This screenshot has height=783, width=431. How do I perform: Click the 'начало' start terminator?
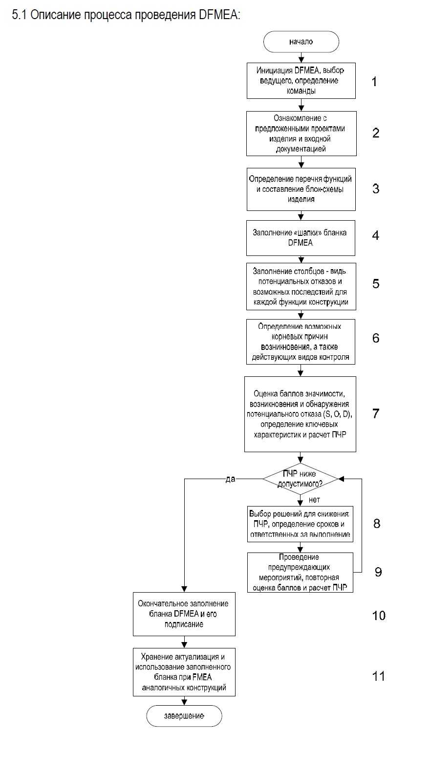(x=301, y=42)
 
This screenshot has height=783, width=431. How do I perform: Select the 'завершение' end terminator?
(x=184, y=716)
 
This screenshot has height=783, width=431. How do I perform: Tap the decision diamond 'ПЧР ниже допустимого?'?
(x=300, y=479)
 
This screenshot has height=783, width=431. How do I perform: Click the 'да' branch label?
(x=230, y=479)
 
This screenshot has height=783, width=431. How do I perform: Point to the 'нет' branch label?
(x=314, y=500)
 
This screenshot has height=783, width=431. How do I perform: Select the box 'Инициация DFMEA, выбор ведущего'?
(x=301, y=81)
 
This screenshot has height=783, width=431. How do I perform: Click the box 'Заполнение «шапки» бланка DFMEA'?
(x=301, y=238)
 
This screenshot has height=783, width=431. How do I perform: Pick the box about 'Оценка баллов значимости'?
(x=300, y=414)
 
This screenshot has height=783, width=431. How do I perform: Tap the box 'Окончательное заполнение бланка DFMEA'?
(x=184, y=614)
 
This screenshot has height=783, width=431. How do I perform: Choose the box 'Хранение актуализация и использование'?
(x=184, y=672)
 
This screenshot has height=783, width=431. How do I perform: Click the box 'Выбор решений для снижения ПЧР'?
(x=300, y=524)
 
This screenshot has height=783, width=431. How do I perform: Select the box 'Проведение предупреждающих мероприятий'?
(x=300, y=572)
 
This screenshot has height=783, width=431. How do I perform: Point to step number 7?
(x=375, y=414)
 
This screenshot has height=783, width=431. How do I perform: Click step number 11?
(x=378, y=676)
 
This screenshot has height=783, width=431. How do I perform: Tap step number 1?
(x=374, y=81)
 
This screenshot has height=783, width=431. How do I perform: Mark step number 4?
(x=375, y=235)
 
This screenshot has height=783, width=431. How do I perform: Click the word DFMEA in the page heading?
(x=219, y=15)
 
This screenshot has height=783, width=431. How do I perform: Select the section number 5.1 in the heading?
(x=20, y=15)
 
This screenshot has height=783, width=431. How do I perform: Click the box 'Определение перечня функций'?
(x=301, y=189)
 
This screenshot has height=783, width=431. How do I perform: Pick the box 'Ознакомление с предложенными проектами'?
(x=301, y=134)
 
